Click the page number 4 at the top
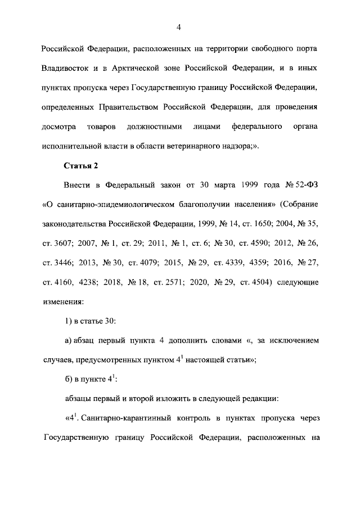178,27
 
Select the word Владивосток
66,68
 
